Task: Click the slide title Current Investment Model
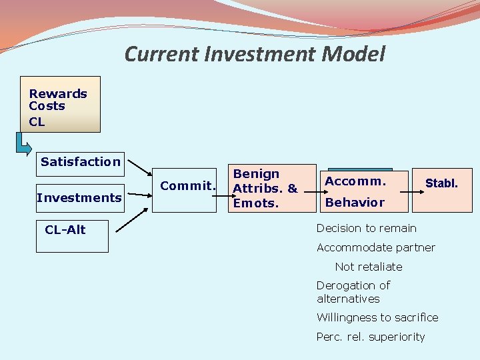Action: coord(255,54)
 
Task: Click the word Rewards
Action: coord(58,94)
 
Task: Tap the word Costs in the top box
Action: coord(47,106)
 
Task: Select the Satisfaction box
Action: coord(81,162)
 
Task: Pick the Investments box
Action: coord(79,198)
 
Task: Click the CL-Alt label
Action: coord(65,230)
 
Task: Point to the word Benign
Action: coord(255,174)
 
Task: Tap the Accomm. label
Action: coord(356,181)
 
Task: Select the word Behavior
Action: coord(355,202)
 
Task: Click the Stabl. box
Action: coord(441,183)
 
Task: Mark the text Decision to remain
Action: coord(366,228)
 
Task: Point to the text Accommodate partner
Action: coord(375,247)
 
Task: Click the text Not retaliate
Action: coord(369,267)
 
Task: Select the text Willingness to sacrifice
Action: coord(377,317)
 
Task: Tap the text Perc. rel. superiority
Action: coord(370,337)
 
